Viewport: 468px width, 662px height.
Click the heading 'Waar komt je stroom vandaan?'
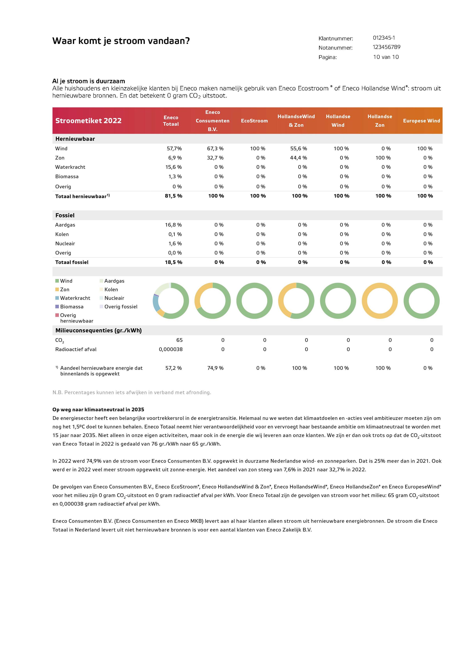click(x=121, y=41)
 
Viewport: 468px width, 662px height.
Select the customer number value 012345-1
click(x=384, y=38)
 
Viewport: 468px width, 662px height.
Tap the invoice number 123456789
click(x=386, y=47)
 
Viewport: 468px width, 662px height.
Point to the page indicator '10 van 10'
click(x=386, y=57)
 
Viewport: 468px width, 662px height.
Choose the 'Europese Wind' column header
click(x=421, y=120)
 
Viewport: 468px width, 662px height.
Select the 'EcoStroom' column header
click(x=254, y=120)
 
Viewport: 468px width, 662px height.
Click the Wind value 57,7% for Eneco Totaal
click(x=174, y=149)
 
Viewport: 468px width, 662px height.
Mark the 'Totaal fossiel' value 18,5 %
click(x=173, y=262)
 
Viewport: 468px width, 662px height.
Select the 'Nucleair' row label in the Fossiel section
click(x=65, y=243)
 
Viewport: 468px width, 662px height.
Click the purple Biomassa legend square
click(x=57, y=306)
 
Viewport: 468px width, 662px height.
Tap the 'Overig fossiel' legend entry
click(x=121, y=306)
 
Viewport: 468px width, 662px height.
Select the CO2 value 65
click(x=179, y=340)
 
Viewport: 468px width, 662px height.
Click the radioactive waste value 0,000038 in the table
click(x=171, y=349)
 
